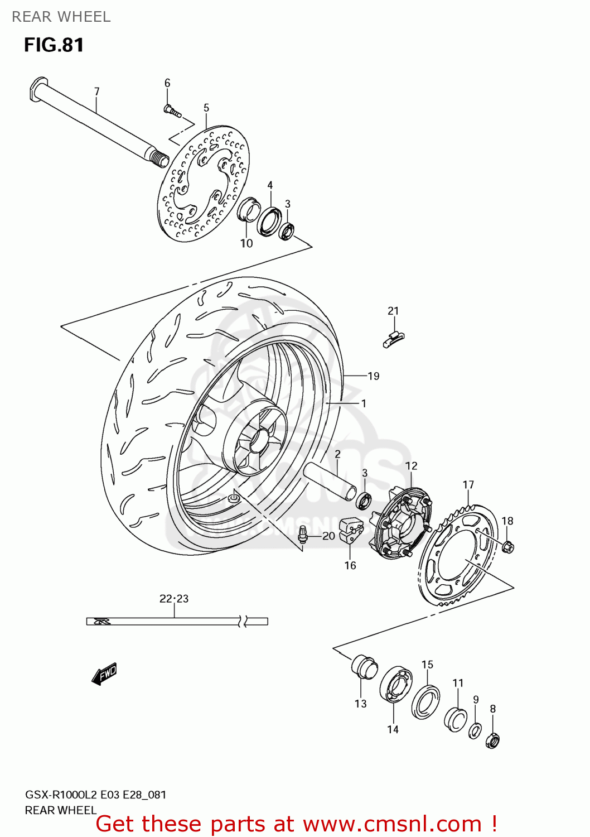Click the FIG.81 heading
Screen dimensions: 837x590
click(54, 45)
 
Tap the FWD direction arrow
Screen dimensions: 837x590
click(104, 674)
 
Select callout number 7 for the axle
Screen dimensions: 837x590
click(97, 92)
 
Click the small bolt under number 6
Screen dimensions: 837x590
click(172, 111)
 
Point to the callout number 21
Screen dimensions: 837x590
click(393, 311)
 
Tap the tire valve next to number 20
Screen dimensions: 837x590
click(303, 535)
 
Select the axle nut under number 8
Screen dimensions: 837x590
click(492, 740)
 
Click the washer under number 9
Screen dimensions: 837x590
click(475, 730)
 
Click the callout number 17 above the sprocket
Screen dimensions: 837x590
click(468, 485)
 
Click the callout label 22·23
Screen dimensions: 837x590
click(174, 599)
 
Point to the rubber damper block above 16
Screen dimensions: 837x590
click(351, 529)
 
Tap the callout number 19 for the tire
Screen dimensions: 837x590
click(374, 376)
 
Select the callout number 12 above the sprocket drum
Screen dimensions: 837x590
click(411, 466)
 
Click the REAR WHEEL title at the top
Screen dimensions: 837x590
click(61, 17)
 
